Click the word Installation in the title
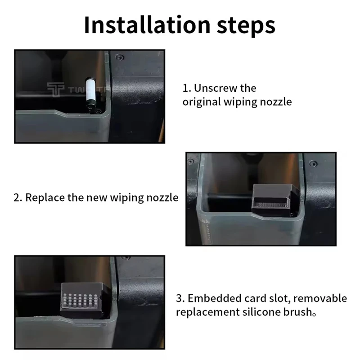point(147,25)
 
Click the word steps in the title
point(246,27)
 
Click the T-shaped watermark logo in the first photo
point(55,90)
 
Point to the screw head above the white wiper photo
point(119,57)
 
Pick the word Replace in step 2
point(45,198)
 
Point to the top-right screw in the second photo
point(313,163)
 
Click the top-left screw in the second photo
point(190,162)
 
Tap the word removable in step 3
point(320,298)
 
